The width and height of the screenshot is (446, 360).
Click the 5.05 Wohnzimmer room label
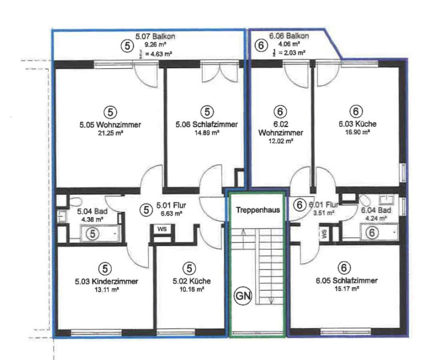110,125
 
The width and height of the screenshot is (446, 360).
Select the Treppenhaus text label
258,210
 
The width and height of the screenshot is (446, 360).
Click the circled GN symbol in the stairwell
243,296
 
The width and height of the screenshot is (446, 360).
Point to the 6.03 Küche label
358,124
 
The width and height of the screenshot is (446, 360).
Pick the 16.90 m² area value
358,132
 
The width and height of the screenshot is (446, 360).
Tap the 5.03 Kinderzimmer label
106,282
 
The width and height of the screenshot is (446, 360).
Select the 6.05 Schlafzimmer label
346,281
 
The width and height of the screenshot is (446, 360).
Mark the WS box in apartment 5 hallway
162,229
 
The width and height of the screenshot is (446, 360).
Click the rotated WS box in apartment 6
325,234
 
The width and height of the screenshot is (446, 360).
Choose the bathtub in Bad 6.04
379,232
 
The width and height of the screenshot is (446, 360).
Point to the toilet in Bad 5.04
75,202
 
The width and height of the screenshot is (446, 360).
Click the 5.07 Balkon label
155,36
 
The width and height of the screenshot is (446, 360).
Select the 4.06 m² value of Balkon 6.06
289,44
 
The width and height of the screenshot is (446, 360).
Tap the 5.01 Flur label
171,205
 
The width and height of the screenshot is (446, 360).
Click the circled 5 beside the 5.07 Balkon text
128,46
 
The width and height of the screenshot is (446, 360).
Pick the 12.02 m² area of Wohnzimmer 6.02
281,141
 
